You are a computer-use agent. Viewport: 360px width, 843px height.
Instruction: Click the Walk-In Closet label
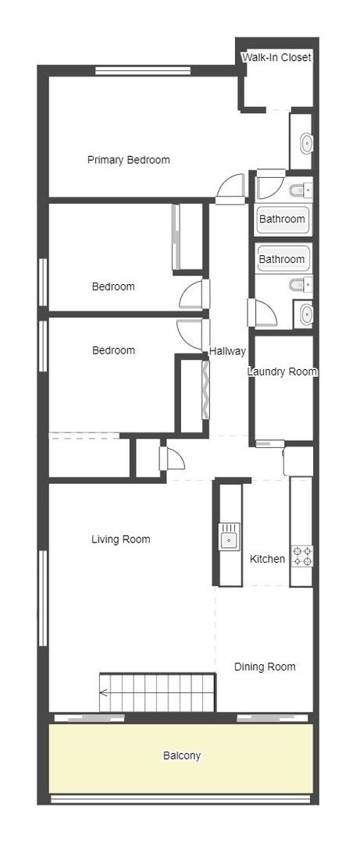tap(276, 58)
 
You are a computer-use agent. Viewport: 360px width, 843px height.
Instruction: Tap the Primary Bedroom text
tap(128, 160)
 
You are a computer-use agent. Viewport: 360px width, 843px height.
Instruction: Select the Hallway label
tap(227, 351)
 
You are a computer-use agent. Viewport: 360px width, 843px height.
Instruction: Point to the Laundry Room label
tap(282, 372)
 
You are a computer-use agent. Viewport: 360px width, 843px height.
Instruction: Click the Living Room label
tap(120, 539)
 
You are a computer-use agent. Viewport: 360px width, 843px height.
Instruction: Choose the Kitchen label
tap(267, 559)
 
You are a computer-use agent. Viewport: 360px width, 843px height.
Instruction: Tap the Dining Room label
tap(265, 667)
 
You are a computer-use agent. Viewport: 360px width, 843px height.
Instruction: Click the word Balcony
tap(181, 756)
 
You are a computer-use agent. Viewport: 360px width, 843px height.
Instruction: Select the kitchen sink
tap(229, 538)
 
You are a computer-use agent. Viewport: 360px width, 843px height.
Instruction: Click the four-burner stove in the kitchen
tap(301, 556)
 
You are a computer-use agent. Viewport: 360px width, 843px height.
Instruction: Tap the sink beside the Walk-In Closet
tap(306, 142)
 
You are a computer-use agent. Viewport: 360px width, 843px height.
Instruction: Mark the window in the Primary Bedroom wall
tap(143, 71)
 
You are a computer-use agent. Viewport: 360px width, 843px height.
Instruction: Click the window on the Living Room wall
tap(43, 597)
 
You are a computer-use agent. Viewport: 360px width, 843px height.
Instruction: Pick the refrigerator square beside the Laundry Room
tap(298, 461)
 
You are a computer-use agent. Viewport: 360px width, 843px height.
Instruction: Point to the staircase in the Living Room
tap(156, 691)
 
